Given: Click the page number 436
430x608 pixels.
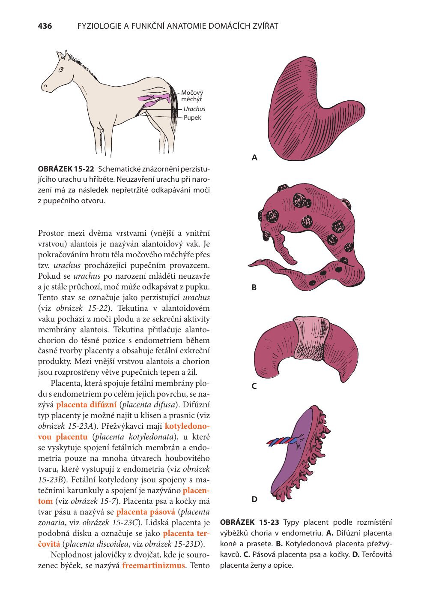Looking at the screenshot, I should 45,26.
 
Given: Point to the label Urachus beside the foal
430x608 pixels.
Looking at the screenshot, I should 194,109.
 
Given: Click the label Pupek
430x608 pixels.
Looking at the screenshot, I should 192,117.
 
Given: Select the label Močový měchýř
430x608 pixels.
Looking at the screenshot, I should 191,96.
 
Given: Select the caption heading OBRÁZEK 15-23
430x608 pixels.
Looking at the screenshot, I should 250,522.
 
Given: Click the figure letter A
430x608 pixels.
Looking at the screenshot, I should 254,158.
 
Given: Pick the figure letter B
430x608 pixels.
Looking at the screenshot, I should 254,288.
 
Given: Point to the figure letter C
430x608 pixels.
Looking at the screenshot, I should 254,386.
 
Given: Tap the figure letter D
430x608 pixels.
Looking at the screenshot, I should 254,499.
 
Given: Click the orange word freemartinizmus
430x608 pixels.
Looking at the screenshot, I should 153,565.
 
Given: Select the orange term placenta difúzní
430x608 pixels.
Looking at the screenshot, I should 86,404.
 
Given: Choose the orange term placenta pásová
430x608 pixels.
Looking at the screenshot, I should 146,512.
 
